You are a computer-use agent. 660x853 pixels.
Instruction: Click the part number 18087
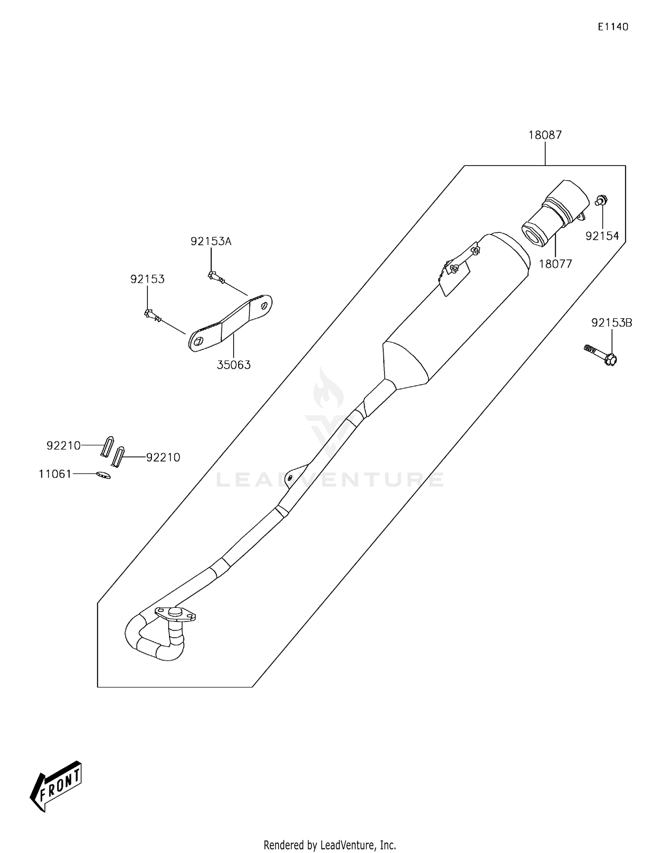pyautogui.click(x=545, y=135)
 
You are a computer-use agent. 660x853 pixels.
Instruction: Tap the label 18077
pyautogui.click(x=555, y=264)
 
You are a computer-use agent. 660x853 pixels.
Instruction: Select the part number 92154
pyautogui.click(x=602, y=236)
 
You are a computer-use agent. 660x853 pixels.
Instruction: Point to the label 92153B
pyautogui.click(x=612, y=323)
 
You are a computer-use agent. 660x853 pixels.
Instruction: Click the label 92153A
pyautogui.click(x=211, y=241)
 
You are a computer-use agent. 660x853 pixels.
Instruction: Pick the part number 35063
pyautogui.click(x=234, y=365)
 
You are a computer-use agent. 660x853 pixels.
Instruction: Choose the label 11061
pyautogui.click(x=55, y=474)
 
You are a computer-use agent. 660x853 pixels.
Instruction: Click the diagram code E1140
pyautogui.click(x=613, y=27)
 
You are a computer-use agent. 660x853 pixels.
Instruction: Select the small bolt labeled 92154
pyautogui.click(x=601, y=201)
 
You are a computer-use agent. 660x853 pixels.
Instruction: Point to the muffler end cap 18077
pyautogui.click(x=555, y=212)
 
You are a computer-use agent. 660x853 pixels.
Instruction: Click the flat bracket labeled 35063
pyautogui.click(x=230, y=323)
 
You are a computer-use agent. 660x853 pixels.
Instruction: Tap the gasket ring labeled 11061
pyautogui.click(x=103, y=475)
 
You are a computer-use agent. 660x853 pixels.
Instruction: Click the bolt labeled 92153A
pyautogui.click(x=216, y=277)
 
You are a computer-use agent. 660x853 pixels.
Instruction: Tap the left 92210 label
pyautogui.click(x=64, y=446)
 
